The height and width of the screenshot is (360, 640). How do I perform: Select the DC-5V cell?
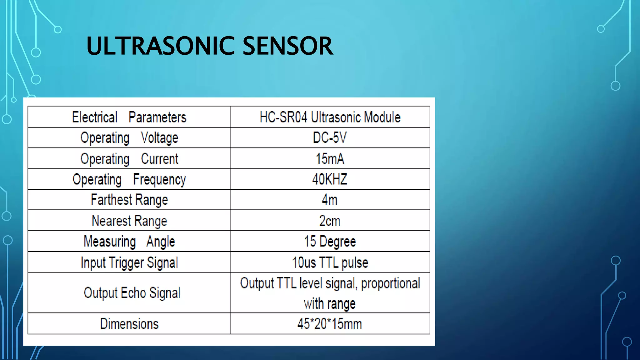[x=330, y=138]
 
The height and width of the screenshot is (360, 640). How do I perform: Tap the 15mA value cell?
[x=330, y=159]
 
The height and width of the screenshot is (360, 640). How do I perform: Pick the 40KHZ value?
[x=330, y=179]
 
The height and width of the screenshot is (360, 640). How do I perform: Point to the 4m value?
[x=330, y=200]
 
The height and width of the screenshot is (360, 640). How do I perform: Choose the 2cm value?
[x=330, y=221]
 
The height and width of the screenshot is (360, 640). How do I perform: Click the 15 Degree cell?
[x=330, y=242]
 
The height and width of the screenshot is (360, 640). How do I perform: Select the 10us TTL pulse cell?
[x=330, y=262]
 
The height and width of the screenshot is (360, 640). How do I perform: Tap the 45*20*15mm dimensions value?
[x=330, y=324]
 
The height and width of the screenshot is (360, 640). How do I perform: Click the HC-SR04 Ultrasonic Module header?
[x=330, y=117]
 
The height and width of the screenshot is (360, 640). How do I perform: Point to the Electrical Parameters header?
[x=129, y=117]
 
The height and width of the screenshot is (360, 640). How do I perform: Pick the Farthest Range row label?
[x=129, y=200]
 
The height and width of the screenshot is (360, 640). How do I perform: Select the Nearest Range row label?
[x=129, y=221]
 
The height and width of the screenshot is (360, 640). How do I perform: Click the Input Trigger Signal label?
[x=129, y=262]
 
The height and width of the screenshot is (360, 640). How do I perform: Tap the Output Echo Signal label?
[x=132, y=293]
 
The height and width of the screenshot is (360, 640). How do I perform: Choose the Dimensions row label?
[x=129, y=324]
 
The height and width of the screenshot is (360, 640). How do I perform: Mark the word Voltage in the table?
[x=159, y=138]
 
